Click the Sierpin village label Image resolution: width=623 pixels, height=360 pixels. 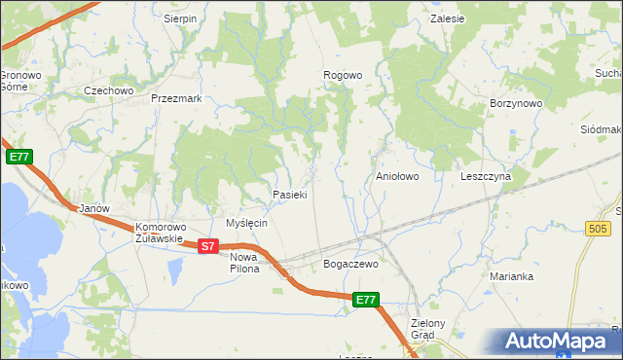180,18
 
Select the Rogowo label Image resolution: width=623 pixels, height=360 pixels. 343,75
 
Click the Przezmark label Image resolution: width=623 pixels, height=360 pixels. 176,98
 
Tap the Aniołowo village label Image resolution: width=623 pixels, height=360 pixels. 397,177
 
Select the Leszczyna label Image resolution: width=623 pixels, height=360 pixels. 486,177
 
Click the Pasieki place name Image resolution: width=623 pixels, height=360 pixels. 290,195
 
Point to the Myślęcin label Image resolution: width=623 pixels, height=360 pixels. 246,223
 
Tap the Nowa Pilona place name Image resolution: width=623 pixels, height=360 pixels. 244,263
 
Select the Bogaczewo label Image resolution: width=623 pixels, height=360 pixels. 349,264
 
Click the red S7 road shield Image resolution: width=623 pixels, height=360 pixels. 206,247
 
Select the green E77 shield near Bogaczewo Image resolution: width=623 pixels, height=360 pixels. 365,302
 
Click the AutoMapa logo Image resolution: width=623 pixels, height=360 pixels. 555,341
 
